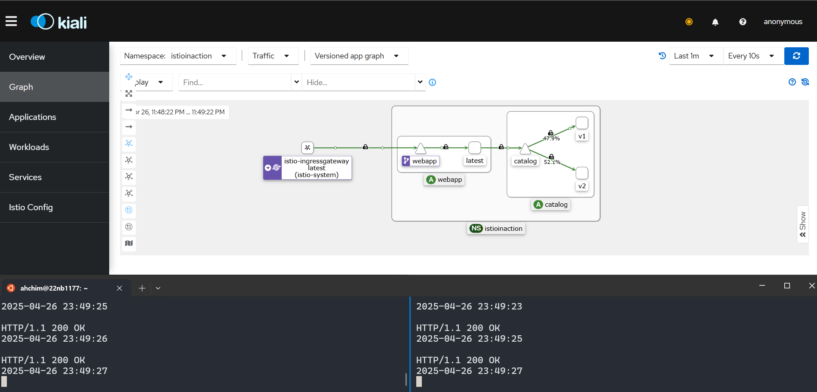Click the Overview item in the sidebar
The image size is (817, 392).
click(x=27, y=57)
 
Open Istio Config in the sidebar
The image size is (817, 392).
click(x=31, y=207)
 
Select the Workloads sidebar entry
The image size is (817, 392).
click(x=29, y=147)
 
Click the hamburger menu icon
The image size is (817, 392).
click(x=11, y=21)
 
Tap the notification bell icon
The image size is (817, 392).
click(x=715, y=22)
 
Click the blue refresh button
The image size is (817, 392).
click(x=796, y=56)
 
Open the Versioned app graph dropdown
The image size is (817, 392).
click(x=359, y=56)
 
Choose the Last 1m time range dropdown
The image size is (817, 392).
click(x=696, y=56)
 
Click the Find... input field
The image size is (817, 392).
click(x=235, y=83)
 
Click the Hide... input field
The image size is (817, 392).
click(x=359, y=83)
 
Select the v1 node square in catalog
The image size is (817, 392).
click(x=582, y=123)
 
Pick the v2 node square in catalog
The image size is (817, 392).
click(x=582, y=173)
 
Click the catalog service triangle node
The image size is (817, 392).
click(x=525, y=149)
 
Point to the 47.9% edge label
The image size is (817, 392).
click(x=551, y=138)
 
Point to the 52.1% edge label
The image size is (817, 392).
click(x=552, y=162)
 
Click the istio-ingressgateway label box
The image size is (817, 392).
click(x=316, y=168)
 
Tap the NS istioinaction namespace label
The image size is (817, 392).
click(x=496, y=229)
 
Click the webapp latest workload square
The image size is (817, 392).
click(x=475, y=148)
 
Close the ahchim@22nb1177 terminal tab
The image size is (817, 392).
click(x=120, y=288)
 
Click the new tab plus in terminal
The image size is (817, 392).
click(x=142, y=288)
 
